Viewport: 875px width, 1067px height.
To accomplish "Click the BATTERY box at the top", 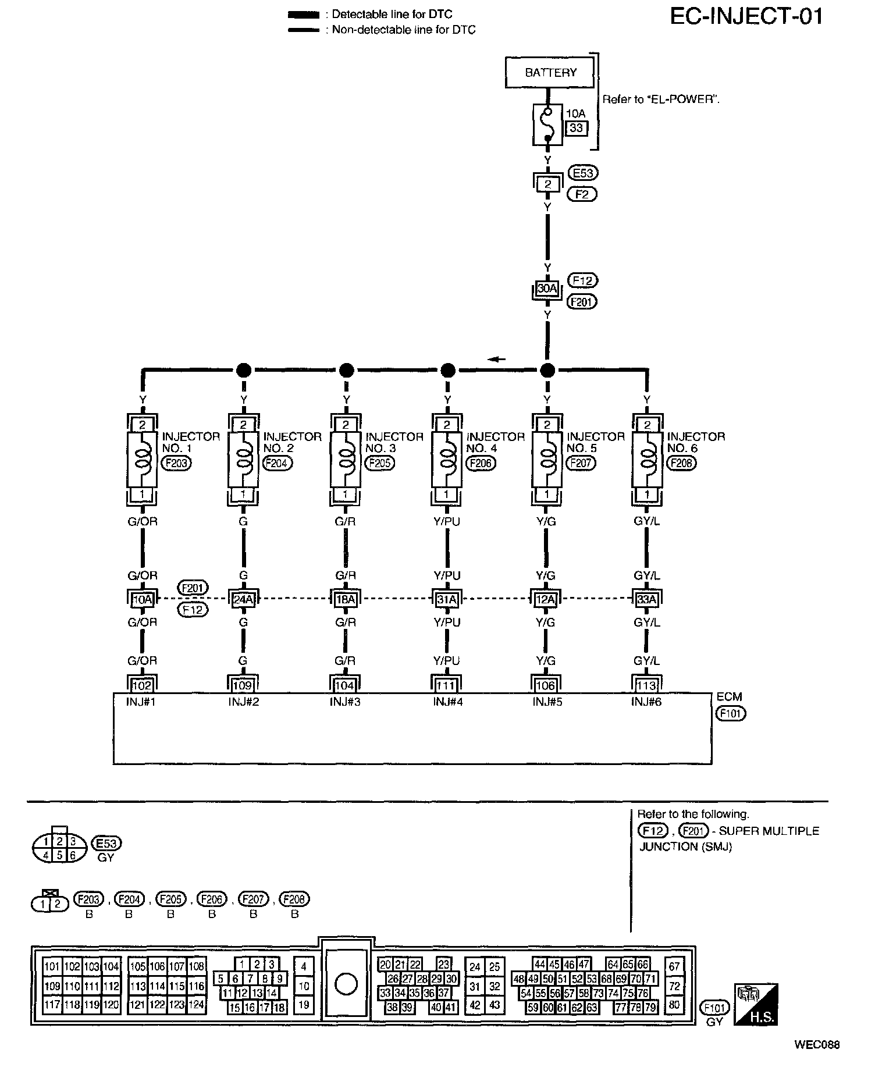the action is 550,72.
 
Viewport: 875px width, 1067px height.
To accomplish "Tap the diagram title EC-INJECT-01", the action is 746,16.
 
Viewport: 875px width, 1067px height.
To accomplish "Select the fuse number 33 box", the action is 576,128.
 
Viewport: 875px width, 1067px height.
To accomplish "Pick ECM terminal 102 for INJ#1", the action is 142,685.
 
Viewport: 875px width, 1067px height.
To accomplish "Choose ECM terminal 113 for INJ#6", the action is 647,685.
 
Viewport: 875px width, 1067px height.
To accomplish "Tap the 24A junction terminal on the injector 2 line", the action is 243,599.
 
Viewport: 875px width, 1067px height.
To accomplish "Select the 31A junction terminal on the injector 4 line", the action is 447,599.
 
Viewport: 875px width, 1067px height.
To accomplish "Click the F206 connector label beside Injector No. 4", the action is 481,463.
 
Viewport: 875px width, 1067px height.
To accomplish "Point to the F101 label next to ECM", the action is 731,713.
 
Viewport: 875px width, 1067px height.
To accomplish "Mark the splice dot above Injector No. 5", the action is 547,369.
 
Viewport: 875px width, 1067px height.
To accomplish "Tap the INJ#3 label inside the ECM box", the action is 345,702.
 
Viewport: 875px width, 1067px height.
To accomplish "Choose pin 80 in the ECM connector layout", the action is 674,1004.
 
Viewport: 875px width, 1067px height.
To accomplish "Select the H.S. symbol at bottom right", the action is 756,1005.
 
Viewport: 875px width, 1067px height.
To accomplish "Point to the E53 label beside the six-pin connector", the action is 106,843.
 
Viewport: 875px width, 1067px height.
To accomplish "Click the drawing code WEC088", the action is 817,1044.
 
